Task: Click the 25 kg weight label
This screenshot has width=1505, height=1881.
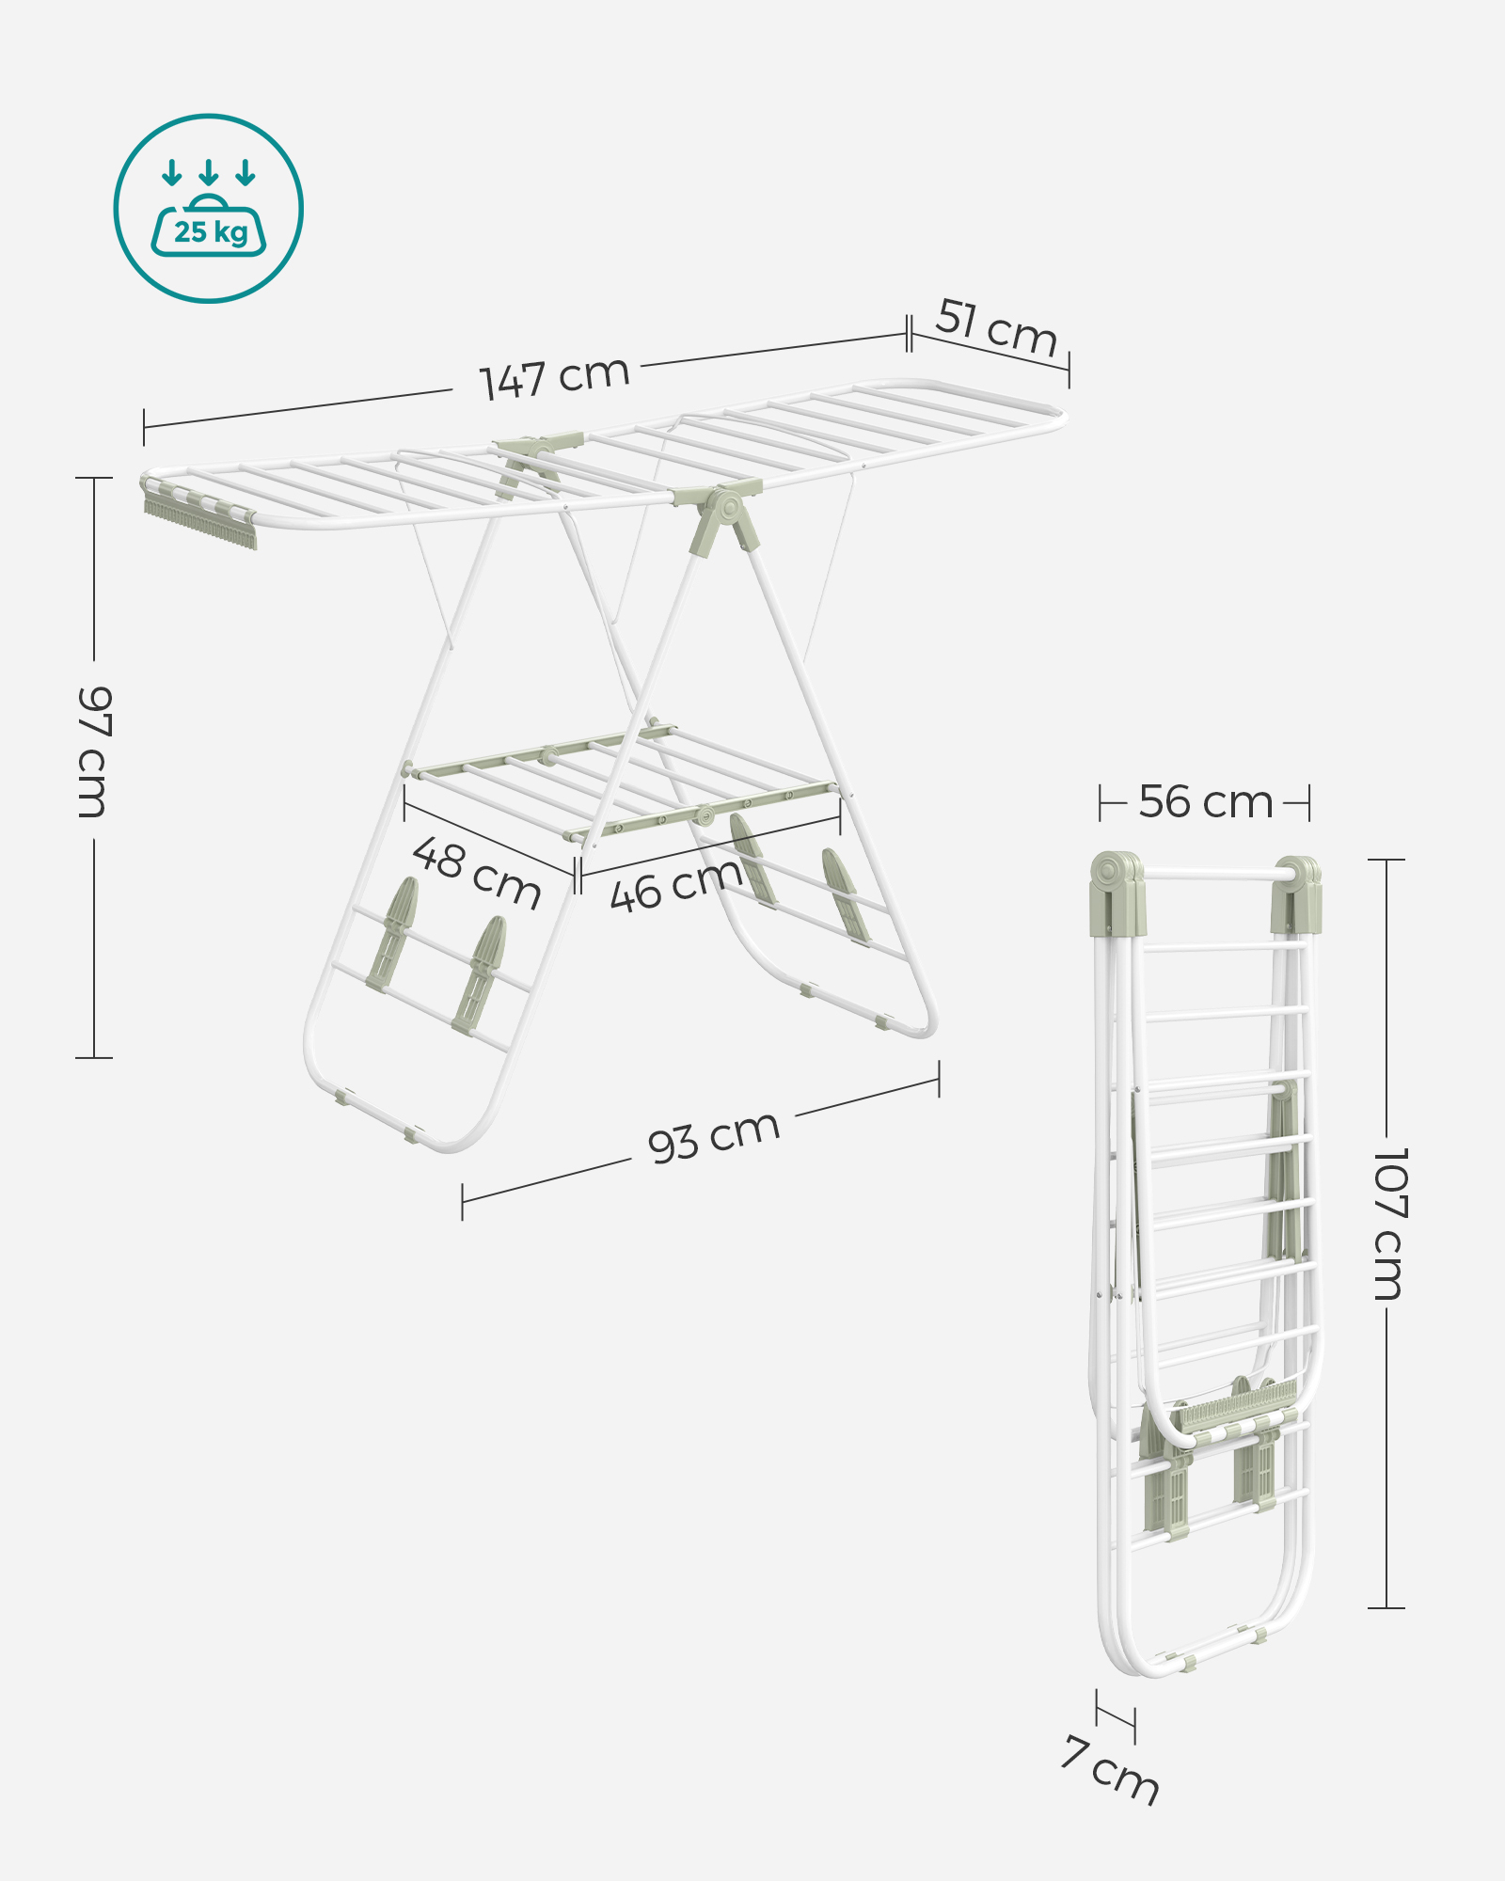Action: point(211,231)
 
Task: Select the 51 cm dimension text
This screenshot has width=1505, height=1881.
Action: point(997,327)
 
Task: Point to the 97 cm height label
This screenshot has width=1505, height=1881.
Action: point(94,751)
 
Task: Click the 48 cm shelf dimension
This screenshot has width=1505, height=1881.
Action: point(477,873)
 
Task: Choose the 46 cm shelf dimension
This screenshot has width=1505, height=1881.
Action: point(676,885)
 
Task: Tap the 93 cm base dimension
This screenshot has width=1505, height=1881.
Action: point(714,1136)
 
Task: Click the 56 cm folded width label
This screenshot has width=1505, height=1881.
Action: point(1206,802)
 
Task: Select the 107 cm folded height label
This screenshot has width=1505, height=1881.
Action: point(1389,1223)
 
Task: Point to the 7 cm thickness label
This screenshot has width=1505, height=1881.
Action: point(1111,1770)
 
